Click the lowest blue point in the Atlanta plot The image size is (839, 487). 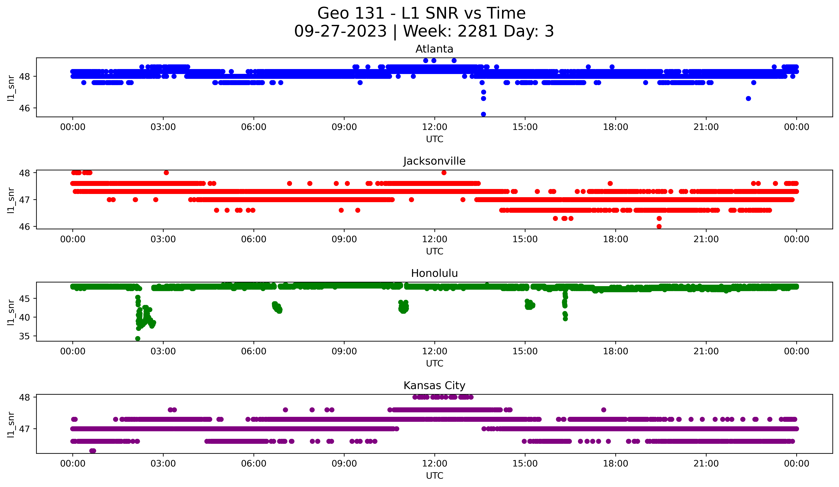point(483,114)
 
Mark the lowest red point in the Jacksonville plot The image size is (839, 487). point(659,226)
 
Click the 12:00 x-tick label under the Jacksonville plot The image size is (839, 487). point(434,239)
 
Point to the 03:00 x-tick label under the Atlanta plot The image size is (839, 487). point(163,127)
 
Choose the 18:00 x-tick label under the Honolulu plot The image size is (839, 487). point(615,351)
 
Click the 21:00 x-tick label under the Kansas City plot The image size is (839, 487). point(706,463)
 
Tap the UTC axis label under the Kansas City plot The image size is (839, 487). point(434,475)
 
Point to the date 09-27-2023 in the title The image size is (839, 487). point(340,31)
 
